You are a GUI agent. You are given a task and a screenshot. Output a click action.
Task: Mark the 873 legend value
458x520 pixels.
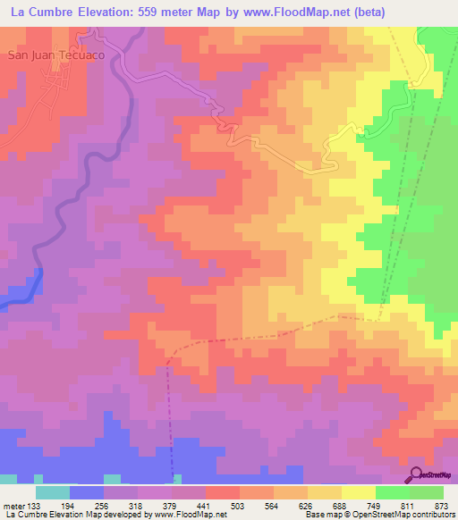pyautogui.click(x=442, y=506)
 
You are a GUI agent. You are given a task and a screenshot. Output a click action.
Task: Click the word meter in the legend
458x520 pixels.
pyautogui.click(x=13, y=506)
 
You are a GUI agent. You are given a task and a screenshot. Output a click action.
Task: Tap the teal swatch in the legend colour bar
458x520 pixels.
pyautogui.click(x=53, y=492)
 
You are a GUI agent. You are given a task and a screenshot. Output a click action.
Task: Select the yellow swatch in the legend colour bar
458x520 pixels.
pyautogui.click(x=359, y=492)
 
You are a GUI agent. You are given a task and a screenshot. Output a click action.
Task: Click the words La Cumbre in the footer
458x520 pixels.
pyautogui.click(x=26, y=515)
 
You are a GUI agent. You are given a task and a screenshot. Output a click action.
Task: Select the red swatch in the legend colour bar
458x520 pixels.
pyautogui.click(x=223, y=492)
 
